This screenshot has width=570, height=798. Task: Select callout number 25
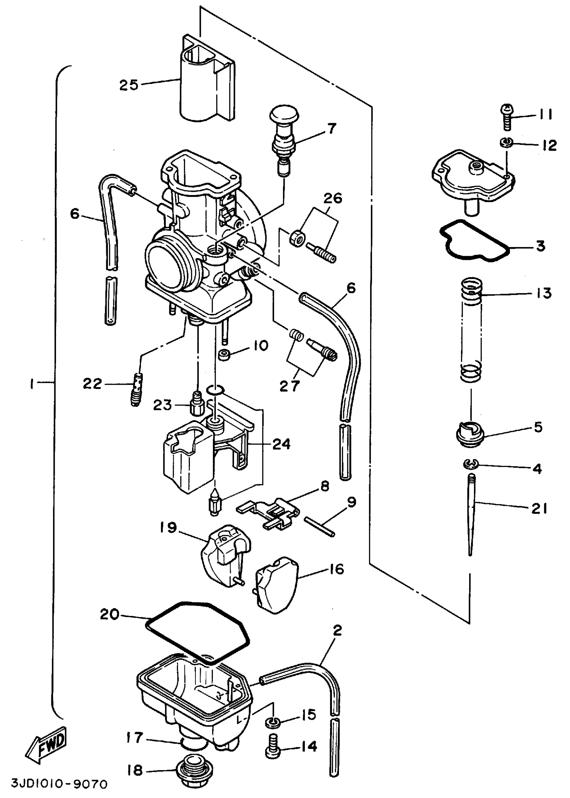click(x=129, y=85)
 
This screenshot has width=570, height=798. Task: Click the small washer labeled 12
click(x=506, y=142)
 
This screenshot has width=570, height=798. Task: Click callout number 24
click(x=282, y=444)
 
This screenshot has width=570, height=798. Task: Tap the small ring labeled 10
click(x=225, y=355)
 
